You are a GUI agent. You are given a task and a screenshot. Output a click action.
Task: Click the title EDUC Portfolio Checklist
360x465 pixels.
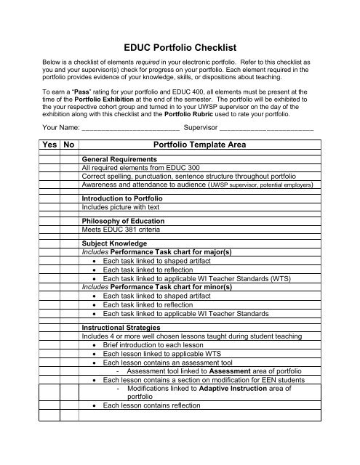coord(180,46)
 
